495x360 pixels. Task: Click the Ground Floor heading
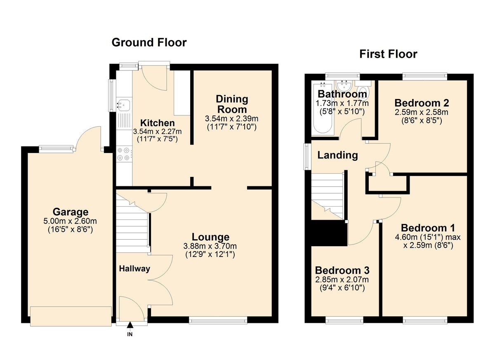pyautogui.click(x=149, y=42)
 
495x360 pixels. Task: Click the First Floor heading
pyautogui.click(x=388, y=54)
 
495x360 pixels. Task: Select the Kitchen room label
pyautogui.click(x=157, y=123)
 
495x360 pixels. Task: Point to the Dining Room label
pyautogui.click(x=232, y=104)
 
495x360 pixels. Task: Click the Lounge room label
pyautogui.click(x=210, y=237)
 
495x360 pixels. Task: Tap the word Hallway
pyautogui.click(x=134, y=268)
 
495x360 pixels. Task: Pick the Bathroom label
pyautogui.click(x=342, y=94)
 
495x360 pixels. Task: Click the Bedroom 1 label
pyautogui.click(x=428, y=228)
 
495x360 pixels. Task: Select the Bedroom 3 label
pyautogui.click(x=342, y=271)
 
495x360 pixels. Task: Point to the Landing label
pyautogui.click(x=337, y=155)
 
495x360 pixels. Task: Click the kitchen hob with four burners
pyautogui.click(x=124, y=154)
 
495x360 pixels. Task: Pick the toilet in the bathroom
pyautogui.click(x=363, y=91)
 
